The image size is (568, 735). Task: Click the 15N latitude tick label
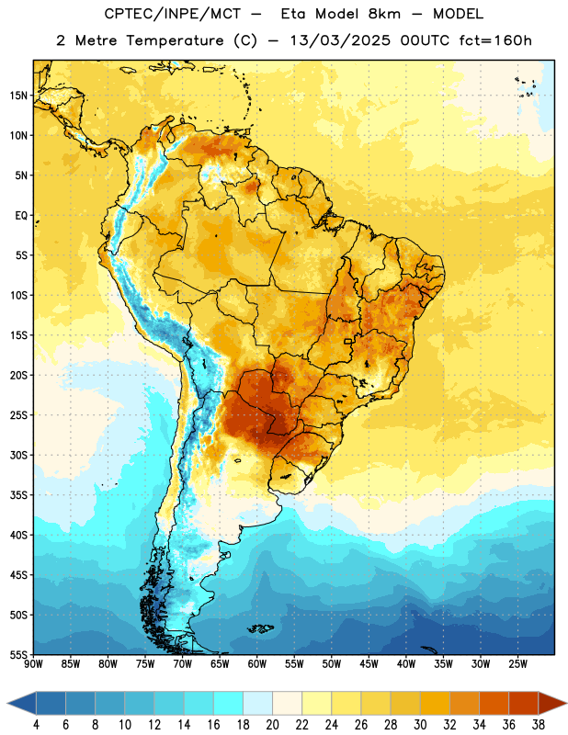pyautogui.click(x=18, y=96)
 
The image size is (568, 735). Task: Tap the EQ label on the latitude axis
pyautogui.click(x=21, y=216)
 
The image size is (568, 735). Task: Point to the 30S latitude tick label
pyautogui.click(x=18, y=455)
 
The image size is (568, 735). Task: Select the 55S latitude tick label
pyautogui.click(x=18, y=655)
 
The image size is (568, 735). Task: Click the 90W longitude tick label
pyautogui.click(x=33, y=664)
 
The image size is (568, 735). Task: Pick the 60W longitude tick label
pyautogui.click(x=257, y=664)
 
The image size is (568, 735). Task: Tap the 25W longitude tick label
pyautogui.click(x=517, y=664)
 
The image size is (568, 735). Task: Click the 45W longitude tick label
pyautogui.click(x=369, y=664)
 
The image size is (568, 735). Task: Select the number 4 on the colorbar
pyautogui.click(x=36, y=725)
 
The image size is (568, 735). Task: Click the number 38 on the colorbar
pyautogui.click(x=539, y=725)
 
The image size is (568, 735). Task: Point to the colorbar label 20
pyautogui.click(x=272, y=725)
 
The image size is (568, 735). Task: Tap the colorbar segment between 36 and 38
pyautogui.click(x=524, y=705)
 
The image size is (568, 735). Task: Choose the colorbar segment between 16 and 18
pyautogui.click(x=229, y=705)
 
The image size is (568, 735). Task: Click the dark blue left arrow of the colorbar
pyautogui.click(x=22, y=705)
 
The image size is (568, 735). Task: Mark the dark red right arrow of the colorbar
pyautogui.click(x=552, y=705)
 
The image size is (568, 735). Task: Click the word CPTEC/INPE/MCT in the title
pyautogui.click(x=173, y=14)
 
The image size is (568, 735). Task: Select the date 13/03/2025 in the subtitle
pyautogui.click(x=340, y=40)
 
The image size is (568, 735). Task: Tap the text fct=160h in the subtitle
pyautogui.click(x=495, y=40)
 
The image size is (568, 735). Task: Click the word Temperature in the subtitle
pyautogui.click(x=175, y=41)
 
